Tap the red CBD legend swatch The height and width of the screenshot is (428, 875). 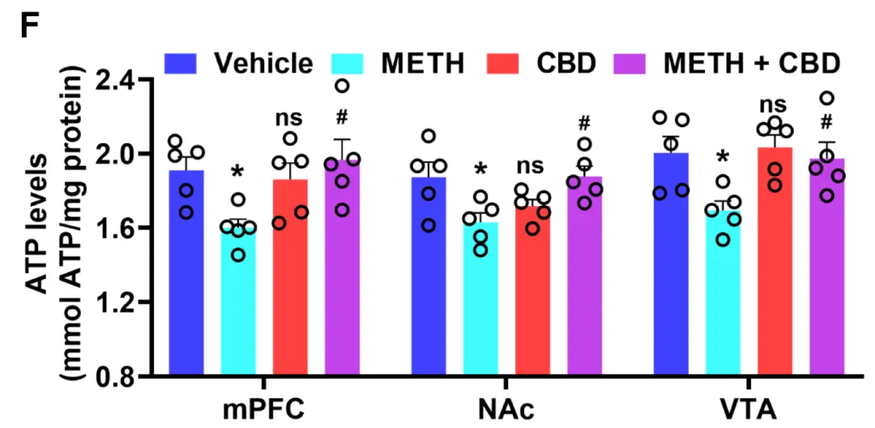pyautogui.click(x=506, y=62)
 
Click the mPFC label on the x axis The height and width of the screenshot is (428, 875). pyautogui.click(x=263, y=408)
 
